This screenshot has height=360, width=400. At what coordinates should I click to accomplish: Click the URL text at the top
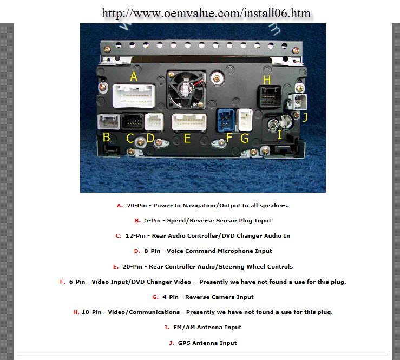pyautogui.click(x=206, y=14)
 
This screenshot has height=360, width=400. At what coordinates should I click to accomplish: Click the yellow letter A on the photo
pyautogui.click(x=134, y=76)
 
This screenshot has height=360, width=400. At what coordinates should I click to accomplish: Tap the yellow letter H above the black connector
pyautogui.click(x=267, y=80)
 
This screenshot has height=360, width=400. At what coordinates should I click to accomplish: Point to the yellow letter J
pyautogui.click(x=305, y=117)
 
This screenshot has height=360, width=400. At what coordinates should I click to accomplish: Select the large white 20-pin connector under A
pyautogui.click(x=134, y=96)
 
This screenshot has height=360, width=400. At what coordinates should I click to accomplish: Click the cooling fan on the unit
pyautogui.click(x=187, y=89)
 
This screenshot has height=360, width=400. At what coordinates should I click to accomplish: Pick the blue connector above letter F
pyautogui.click(x=226, y=120)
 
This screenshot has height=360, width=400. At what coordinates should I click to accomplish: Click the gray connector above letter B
pyautogui.click(x=109, y=122)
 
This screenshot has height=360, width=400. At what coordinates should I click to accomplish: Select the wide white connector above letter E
pyautogui.click(x=189, y=122)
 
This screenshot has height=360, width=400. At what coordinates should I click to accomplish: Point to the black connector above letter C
pyautogui.click(x=132, y=122)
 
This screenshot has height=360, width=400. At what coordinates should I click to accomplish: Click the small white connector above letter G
pyautogui.click(x=245, y=120)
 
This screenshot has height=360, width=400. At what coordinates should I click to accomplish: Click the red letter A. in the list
pyautogui.click(x=120, y=206)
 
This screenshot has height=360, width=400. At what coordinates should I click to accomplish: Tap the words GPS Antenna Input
pyautogui.click(x=207, y=343)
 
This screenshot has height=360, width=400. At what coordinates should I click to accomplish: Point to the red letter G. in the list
pyautogui.click(x=155, y=297)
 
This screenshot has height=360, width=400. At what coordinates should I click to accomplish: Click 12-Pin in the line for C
pyautogui.click(x=135, y=235)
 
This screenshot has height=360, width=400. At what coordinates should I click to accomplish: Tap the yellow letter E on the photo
pyautogui.click(x=187, y=139)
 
